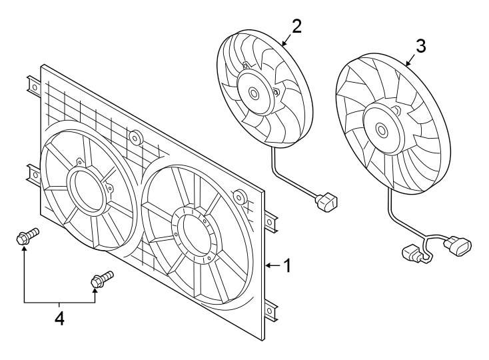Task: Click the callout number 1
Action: coord(286,266)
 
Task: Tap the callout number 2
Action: coord(296,26)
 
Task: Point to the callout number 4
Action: coord(59,319)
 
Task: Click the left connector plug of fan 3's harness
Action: coord(412,253)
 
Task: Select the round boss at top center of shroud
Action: coord(135,139)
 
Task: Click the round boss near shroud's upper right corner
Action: coord(241,197)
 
